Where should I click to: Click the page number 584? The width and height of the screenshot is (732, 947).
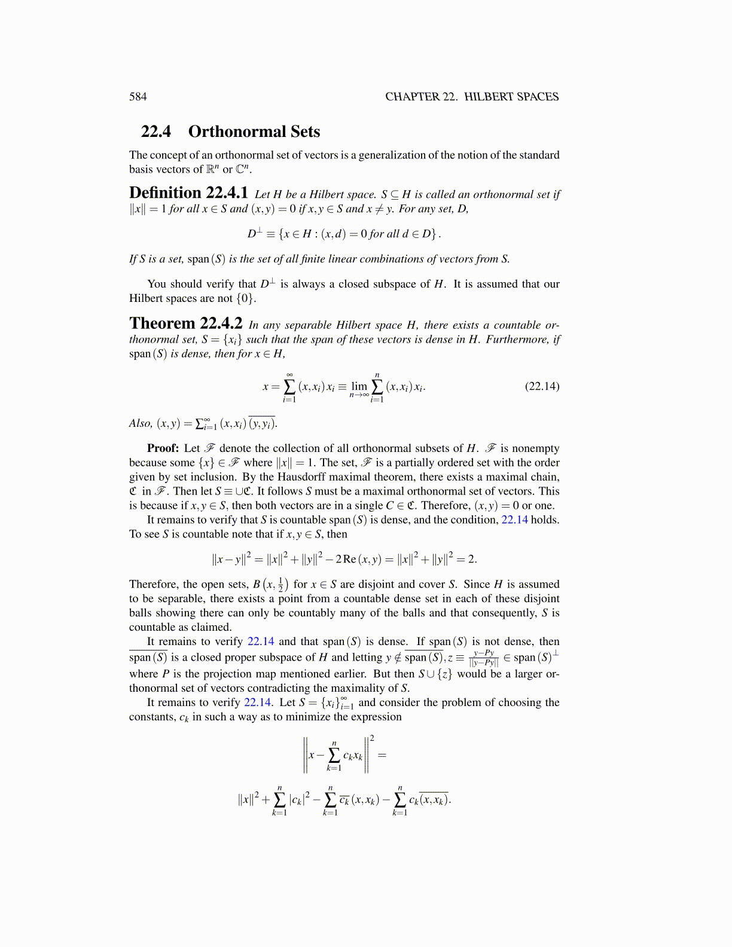coord(138,97)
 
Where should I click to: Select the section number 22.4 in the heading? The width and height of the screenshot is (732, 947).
coord(155,132)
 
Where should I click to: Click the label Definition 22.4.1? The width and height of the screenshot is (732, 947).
coord(188,193)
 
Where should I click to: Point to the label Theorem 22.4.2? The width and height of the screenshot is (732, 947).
coord(186,324)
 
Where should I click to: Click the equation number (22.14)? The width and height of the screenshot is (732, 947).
coord(542,386)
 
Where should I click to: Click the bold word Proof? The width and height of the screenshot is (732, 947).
coord(163,448)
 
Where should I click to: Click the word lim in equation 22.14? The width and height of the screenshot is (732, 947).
coord(359,387)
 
